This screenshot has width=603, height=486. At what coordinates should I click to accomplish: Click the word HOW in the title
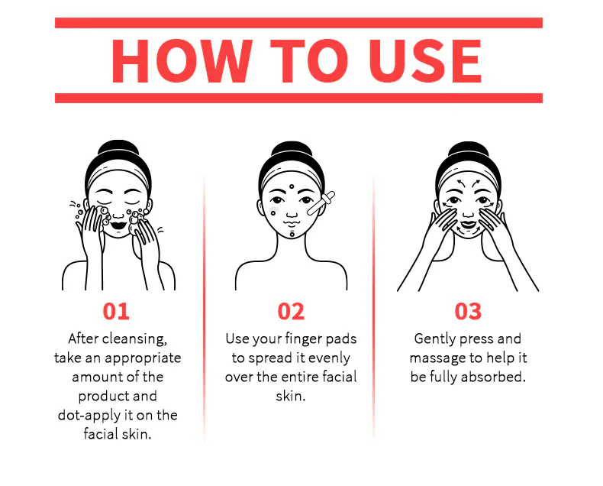tap(182, 61)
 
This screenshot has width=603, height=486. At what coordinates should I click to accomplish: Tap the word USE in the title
tap(425, 61)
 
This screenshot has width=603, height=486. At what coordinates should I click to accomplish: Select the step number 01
tap(116, 311)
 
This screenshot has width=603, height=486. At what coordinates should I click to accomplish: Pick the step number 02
tap(291, 311)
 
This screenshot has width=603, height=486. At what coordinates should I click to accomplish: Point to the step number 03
tap(468, 311)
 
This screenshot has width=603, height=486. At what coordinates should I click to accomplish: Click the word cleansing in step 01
tap(134, 339)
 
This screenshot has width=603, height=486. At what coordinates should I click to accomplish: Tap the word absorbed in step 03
tap(493, 377)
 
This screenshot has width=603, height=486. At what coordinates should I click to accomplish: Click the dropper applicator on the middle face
tap(321, 203)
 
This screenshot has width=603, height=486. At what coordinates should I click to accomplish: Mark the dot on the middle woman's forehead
tap(292, 186)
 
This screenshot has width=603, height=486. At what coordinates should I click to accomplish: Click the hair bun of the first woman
tap(118, 147)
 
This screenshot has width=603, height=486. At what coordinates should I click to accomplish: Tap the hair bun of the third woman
tap(469, 148)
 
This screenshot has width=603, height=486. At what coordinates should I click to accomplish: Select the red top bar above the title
tap(298, 23)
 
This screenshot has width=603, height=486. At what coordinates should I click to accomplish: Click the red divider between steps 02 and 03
tap(373, 308)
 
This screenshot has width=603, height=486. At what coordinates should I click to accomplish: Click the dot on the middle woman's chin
tap(292, 234)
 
